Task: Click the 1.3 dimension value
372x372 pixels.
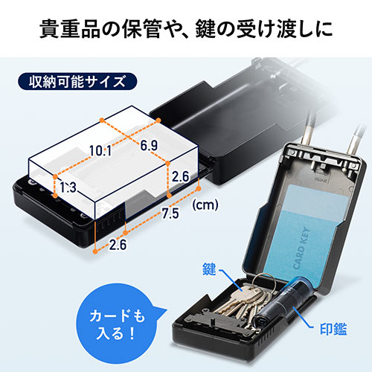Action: tap(68, 186)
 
